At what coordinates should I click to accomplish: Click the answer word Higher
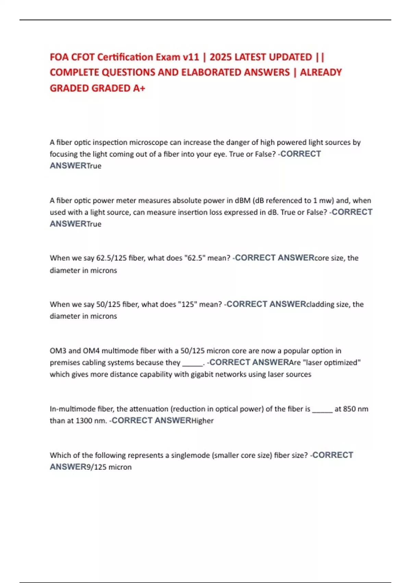point(202,421)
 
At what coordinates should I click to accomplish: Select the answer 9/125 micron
point(109,467)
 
